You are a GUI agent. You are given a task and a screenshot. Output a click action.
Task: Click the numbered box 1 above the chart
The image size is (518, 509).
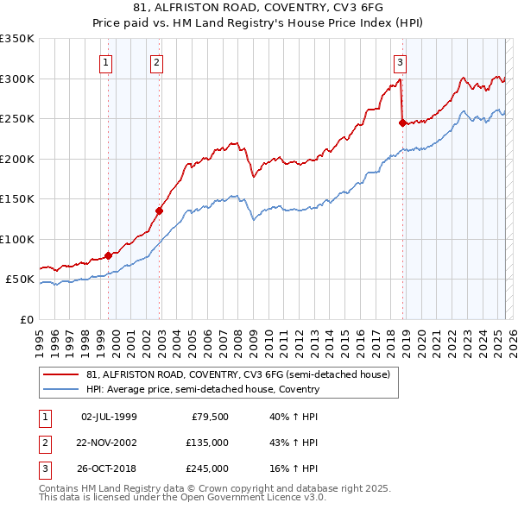tap(104, 61)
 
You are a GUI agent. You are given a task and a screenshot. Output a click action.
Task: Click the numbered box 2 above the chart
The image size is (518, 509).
tap(156, 61)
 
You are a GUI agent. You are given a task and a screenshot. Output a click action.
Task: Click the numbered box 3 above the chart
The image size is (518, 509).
tap(401, 61)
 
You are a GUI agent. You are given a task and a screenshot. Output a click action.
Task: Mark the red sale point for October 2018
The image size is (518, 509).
tap(402, 123)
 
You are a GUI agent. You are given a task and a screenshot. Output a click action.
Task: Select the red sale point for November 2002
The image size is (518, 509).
tap(160, 211)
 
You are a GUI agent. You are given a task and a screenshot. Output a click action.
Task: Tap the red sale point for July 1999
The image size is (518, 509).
tap(108, 255)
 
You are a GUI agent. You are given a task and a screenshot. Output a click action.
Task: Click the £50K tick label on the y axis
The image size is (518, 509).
tap(19, 280)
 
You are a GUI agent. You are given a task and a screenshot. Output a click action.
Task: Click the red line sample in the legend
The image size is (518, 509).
tap(60, 374)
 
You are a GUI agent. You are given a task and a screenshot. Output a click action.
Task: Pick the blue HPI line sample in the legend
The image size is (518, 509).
tap(60, 389)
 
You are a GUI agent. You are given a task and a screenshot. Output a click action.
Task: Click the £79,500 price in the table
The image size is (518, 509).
tap(209, 417)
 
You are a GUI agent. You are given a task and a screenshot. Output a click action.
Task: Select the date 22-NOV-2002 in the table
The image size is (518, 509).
tap(109, 443)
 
